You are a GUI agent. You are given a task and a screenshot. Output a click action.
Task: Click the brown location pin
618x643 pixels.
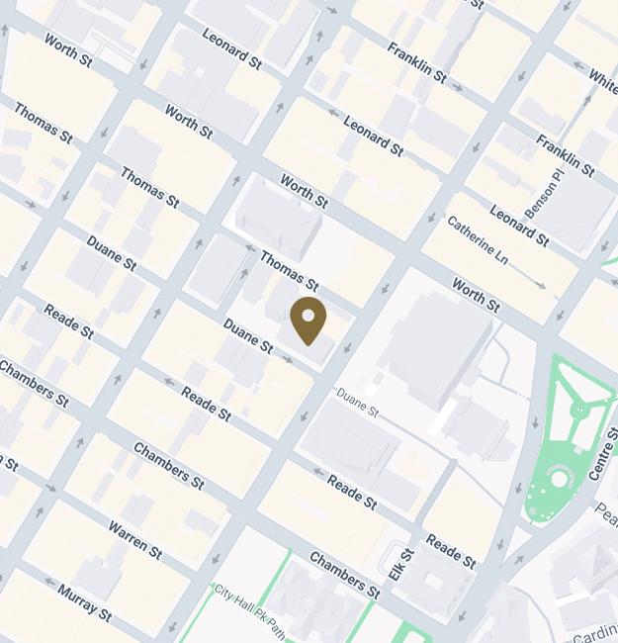coord(308,320)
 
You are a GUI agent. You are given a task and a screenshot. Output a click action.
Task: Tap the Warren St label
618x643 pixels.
coord(135,537)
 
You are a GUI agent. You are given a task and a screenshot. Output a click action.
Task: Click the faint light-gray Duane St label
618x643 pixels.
coord(358,401)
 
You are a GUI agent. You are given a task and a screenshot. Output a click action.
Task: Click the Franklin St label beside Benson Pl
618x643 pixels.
coord(565,155)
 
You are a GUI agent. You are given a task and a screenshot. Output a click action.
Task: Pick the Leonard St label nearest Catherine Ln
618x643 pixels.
coord(519,227)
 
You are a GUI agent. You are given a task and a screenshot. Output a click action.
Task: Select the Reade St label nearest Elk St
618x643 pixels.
coord(452,551)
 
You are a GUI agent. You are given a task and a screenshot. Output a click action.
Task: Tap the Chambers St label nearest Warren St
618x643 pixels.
coord(168,465)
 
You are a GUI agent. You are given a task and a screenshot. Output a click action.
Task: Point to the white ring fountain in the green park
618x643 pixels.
coord(560,479)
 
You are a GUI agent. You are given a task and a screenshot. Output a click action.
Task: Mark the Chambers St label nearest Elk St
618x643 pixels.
coord(344,575)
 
